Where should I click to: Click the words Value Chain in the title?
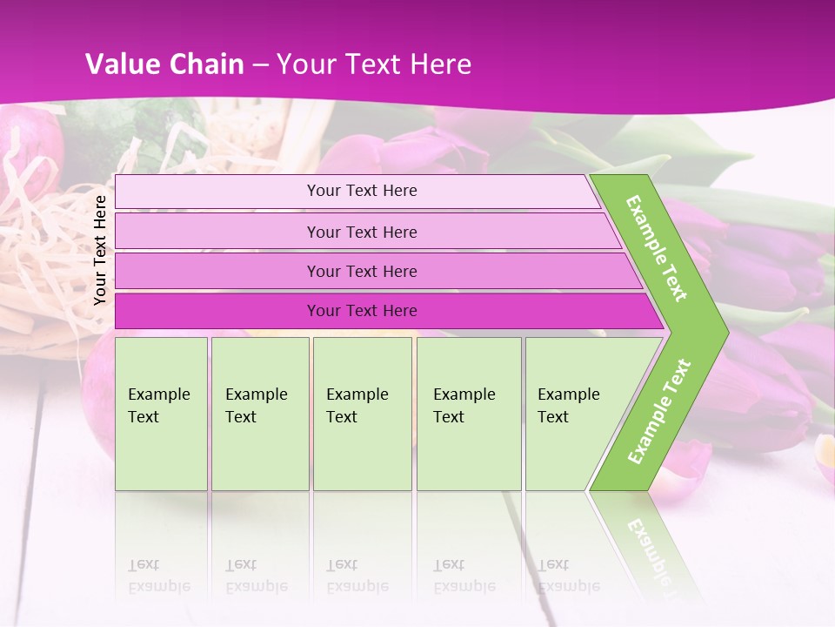[164, 64]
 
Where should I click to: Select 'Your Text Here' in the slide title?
[374, 64]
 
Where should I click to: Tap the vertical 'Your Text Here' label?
[100, 250]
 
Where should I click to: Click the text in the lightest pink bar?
[362, 191]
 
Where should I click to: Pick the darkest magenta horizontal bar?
[383, 311]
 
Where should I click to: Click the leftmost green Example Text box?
[161, 414]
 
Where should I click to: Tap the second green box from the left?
[259, 414]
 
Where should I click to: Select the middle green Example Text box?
[362, 414]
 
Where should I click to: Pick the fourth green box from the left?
[468, 414]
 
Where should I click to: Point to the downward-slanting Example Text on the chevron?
[657, 248]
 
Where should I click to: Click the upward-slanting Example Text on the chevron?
[659, 411]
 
